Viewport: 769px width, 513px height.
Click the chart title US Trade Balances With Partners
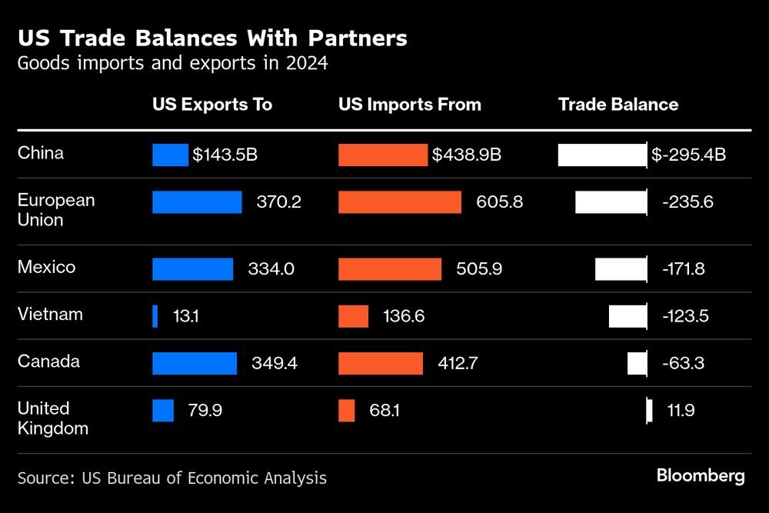212,38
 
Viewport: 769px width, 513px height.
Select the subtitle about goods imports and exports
173,63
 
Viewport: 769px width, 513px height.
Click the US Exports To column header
212,105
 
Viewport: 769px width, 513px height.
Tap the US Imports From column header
410,105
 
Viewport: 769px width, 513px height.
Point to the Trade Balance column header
618,105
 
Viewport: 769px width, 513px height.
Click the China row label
41,153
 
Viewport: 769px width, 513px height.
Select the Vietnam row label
50,315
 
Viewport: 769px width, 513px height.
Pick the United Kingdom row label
53,418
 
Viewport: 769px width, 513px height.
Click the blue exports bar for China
170,155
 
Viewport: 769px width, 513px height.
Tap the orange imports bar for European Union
400,202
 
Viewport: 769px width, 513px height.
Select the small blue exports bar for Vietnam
155,316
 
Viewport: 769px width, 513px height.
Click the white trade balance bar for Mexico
621,269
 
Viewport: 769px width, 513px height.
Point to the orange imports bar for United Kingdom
347,411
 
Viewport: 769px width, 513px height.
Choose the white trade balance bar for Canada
637,363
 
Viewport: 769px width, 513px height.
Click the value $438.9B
467,155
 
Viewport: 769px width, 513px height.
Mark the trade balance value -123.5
684,316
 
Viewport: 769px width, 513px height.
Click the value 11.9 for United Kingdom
681,411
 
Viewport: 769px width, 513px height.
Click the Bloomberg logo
701,476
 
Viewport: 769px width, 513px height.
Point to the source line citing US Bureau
172,478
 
